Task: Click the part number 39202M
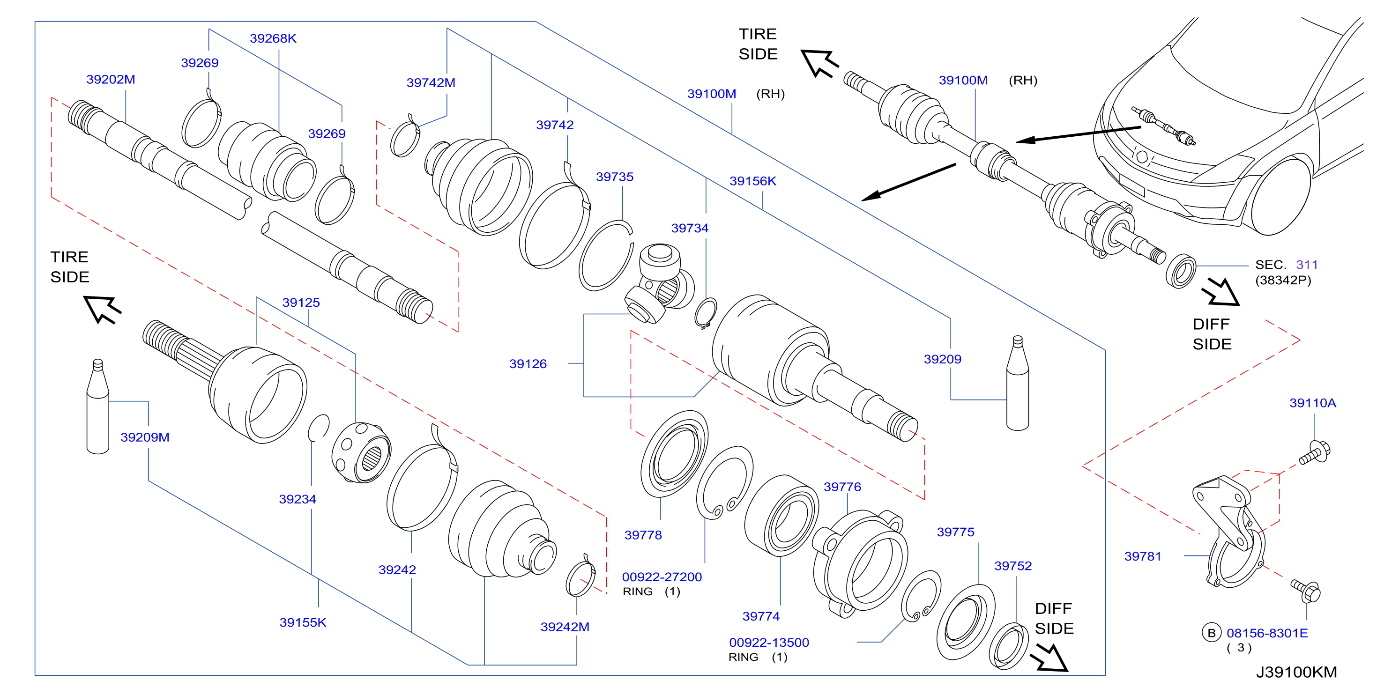(111, 79)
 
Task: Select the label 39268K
(273, 38)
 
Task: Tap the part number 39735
(615, 177)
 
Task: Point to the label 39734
(690, 228)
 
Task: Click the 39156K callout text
(753, 181)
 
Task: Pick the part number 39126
(528, 364)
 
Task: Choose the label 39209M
(145, 437)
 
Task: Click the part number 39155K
(303, 622)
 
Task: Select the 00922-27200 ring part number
(662, 577)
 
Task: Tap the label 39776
(842, 487)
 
